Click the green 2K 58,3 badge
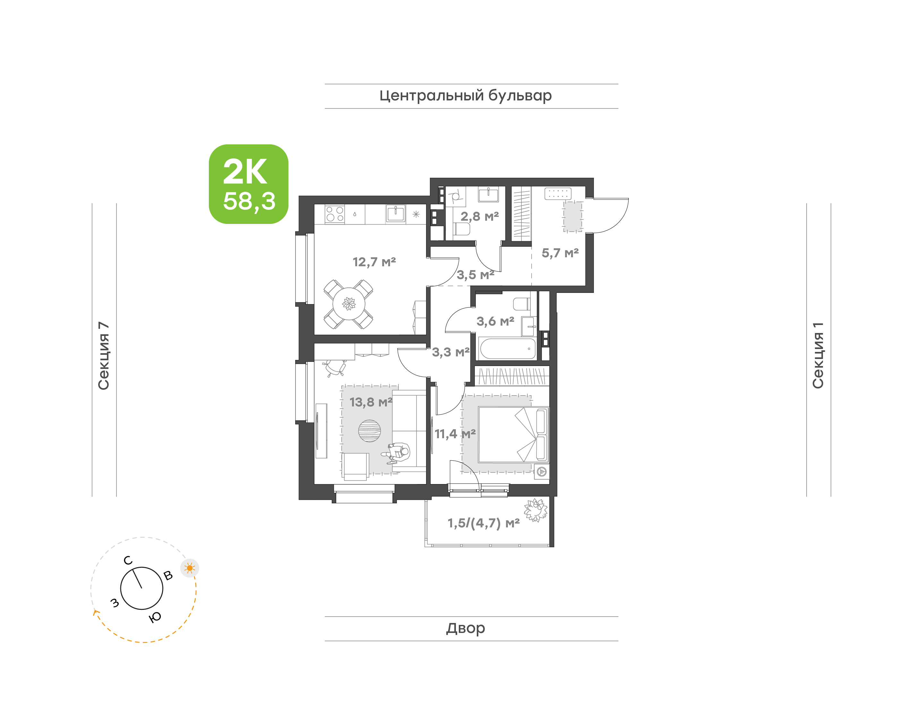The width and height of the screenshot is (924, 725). [248, 184]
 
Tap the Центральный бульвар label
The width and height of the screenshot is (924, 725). [466, 96]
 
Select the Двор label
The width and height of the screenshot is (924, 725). [466, 628]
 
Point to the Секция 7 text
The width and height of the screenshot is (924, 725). [104, 356]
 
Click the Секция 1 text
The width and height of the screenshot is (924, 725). [818, 355]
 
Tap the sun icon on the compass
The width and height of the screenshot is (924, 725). [190, 568]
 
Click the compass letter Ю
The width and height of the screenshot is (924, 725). [155, 617]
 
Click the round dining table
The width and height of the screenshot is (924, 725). [349, 303]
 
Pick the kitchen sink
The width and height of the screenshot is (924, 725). [396, 214]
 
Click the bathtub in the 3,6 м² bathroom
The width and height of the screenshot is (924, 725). [507, 348]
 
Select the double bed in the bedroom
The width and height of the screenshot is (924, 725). [513, 435]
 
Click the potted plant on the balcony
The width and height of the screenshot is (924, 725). [536, 510]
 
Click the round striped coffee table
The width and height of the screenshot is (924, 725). [369, 431]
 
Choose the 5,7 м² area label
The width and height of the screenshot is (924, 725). [560, 253]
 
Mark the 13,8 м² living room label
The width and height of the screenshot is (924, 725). [371, 402]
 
